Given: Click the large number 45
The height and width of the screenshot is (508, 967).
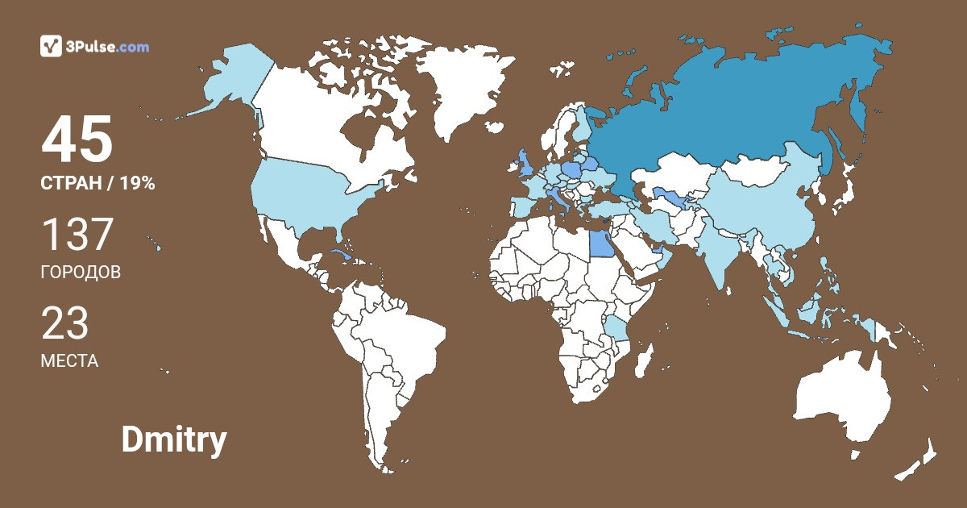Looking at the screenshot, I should [77, 139].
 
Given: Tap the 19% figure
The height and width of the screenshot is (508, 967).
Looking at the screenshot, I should [137, 184].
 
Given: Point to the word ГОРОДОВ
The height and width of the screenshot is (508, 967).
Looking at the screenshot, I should [81, 273].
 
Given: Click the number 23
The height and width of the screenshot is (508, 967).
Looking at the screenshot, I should [64, 323].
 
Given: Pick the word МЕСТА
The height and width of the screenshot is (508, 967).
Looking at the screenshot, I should [69, 361].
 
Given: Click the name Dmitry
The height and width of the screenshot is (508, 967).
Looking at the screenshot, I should [173, 440].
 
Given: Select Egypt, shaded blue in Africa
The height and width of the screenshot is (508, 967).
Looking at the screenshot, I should [600, 239].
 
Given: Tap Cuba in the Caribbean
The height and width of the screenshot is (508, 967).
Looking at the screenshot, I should [342, 257].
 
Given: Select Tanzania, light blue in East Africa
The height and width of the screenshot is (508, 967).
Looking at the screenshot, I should [617, 329].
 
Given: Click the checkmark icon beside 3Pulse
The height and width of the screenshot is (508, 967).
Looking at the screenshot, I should [51, 46].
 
